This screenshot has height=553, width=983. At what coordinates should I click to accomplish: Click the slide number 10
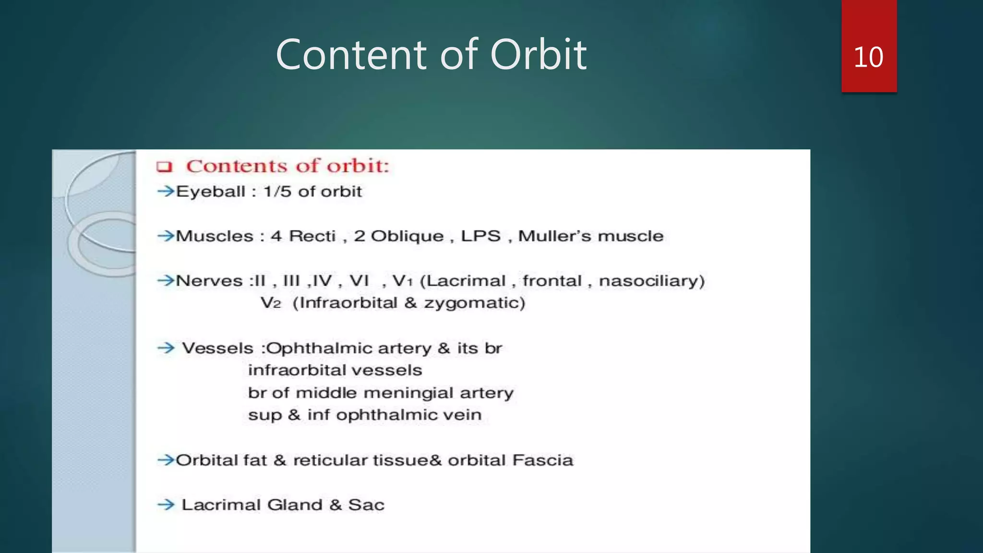868,57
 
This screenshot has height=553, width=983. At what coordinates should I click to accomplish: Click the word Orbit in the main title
538,55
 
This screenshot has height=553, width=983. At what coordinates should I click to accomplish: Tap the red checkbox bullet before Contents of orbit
164,167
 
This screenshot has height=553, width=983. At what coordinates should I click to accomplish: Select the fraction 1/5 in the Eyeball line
277,192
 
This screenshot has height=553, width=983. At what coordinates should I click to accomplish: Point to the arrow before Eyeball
166,191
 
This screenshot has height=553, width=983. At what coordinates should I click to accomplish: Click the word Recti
312,236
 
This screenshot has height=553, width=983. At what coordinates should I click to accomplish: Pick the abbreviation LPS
480,236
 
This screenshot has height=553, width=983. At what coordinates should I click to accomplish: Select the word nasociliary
651,281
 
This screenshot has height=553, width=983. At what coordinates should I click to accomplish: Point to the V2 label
270,303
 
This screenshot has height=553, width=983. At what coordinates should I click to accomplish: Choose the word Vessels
217,348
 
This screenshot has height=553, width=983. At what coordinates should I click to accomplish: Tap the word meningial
408,393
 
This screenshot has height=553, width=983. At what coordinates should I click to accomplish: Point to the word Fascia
542,460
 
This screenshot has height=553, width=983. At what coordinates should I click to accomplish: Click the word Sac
366,505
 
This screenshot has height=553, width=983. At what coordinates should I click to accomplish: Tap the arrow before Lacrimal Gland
166,505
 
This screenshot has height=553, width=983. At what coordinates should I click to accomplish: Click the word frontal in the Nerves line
552,281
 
